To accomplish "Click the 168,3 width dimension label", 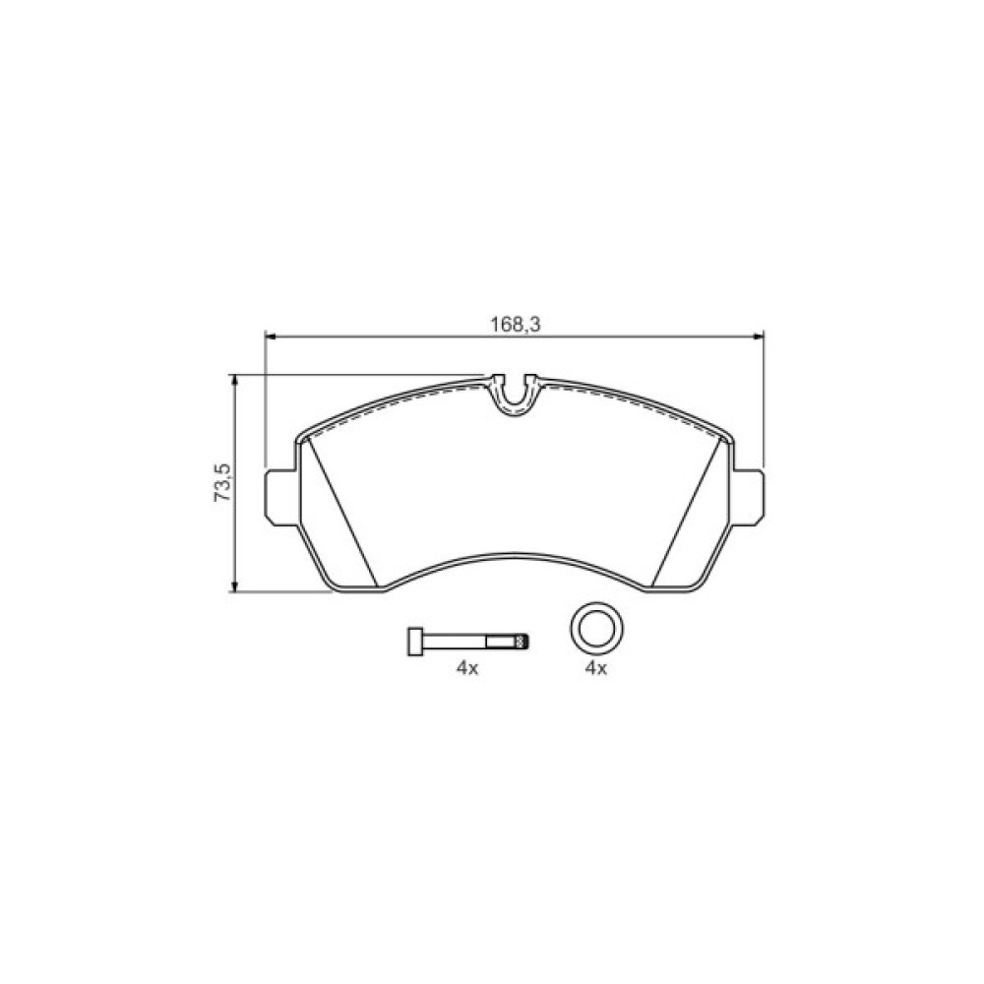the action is [x=516, y=324].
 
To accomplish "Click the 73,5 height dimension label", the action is [x=223, y=482].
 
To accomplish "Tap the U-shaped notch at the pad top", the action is [x=515, y=397].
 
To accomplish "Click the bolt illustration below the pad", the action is [x=468, y=642].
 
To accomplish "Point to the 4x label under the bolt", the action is [x=466, y=669].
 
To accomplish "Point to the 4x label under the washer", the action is [x=596, y=669].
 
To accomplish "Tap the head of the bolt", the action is [x=415, y=642].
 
